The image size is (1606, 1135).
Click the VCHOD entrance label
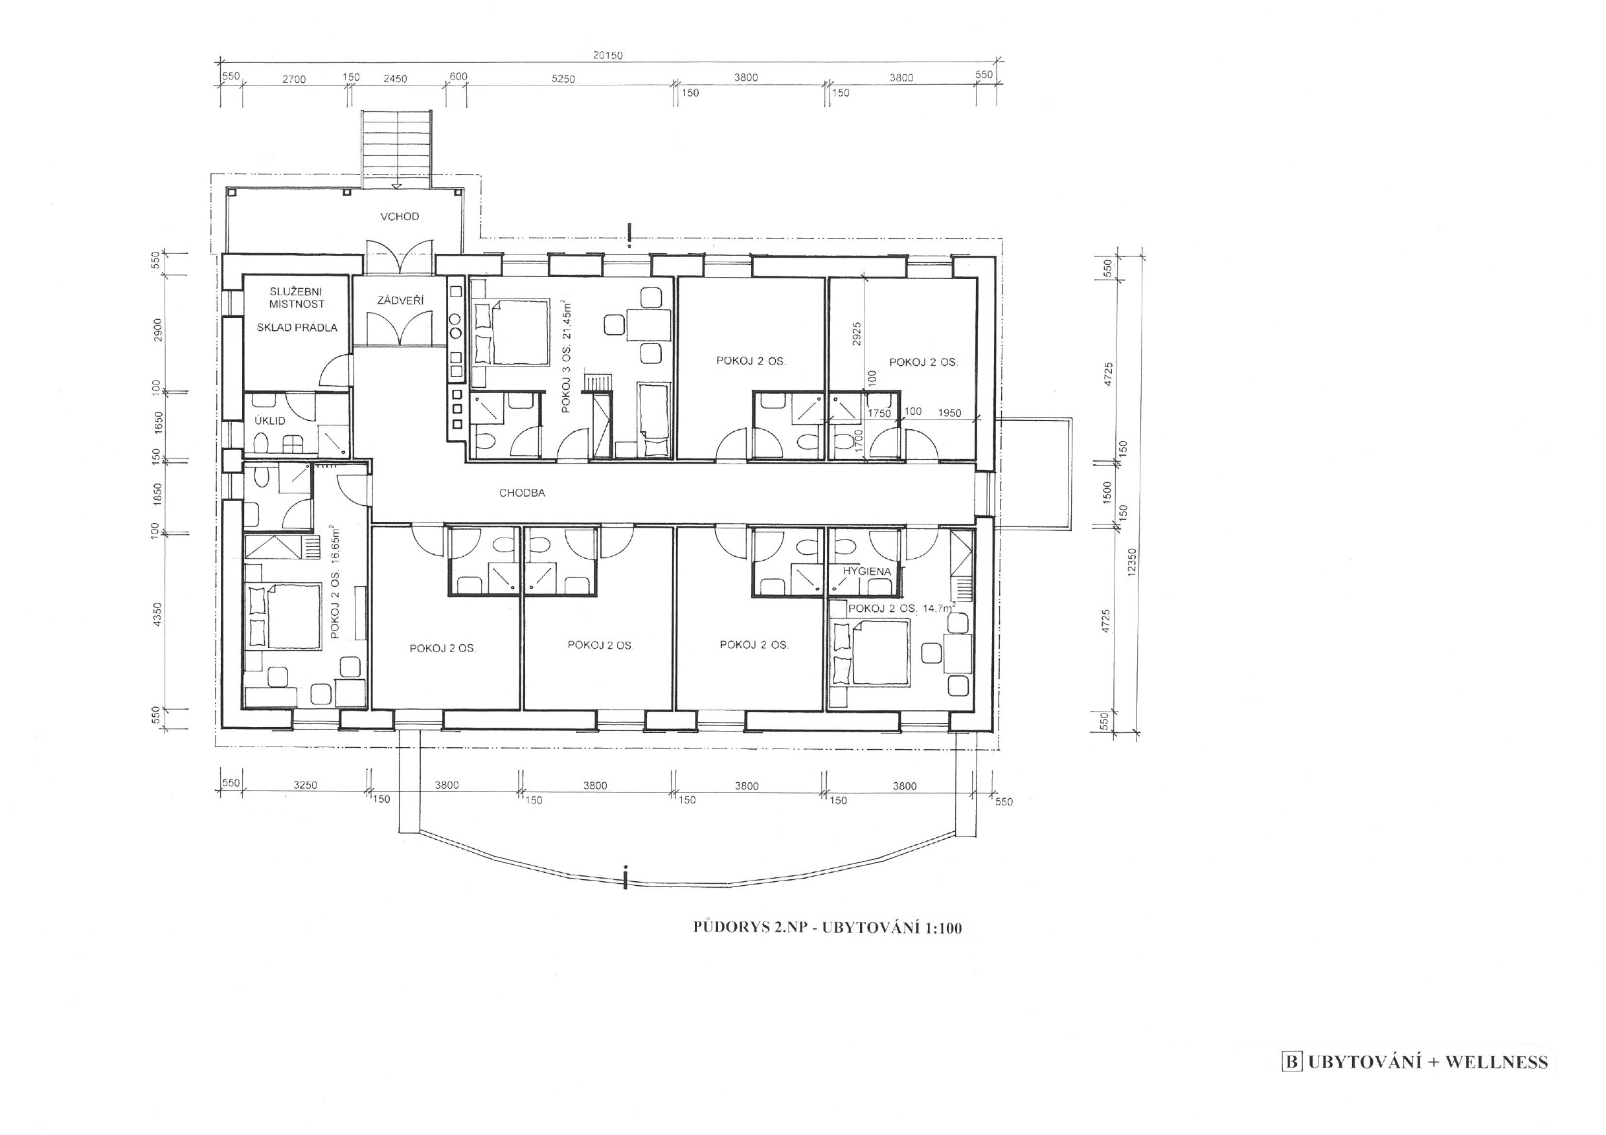[400, 216]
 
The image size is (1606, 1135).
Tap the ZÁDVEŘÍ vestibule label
[401, 300]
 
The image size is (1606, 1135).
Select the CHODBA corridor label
[522, 493]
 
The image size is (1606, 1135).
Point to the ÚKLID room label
[270, 420]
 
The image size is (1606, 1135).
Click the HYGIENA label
[866, 570]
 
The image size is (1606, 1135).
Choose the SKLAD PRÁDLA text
[297, 327]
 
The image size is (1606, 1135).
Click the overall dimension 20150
[608, 55]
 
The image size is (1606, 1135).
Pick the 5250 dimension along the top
[563, 79]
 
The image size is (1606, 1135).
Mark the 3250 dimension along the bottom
[305, 785]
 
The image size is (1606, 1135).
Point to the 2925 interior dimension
[857, 334]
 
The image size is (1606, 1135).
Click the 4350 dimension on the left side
[157, 614]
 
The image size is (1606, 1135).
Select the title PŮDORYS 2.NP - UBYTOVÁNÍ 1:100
[828, 928]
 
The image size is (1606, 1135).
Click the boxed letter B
[1292, 1062]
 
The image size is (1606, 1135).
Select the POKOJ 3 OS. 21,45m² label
[567, 356]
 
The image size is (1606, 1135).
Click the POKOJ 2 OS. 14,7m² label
[901, 609]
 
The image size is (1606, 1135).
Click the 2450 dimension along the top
[394, 79]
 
